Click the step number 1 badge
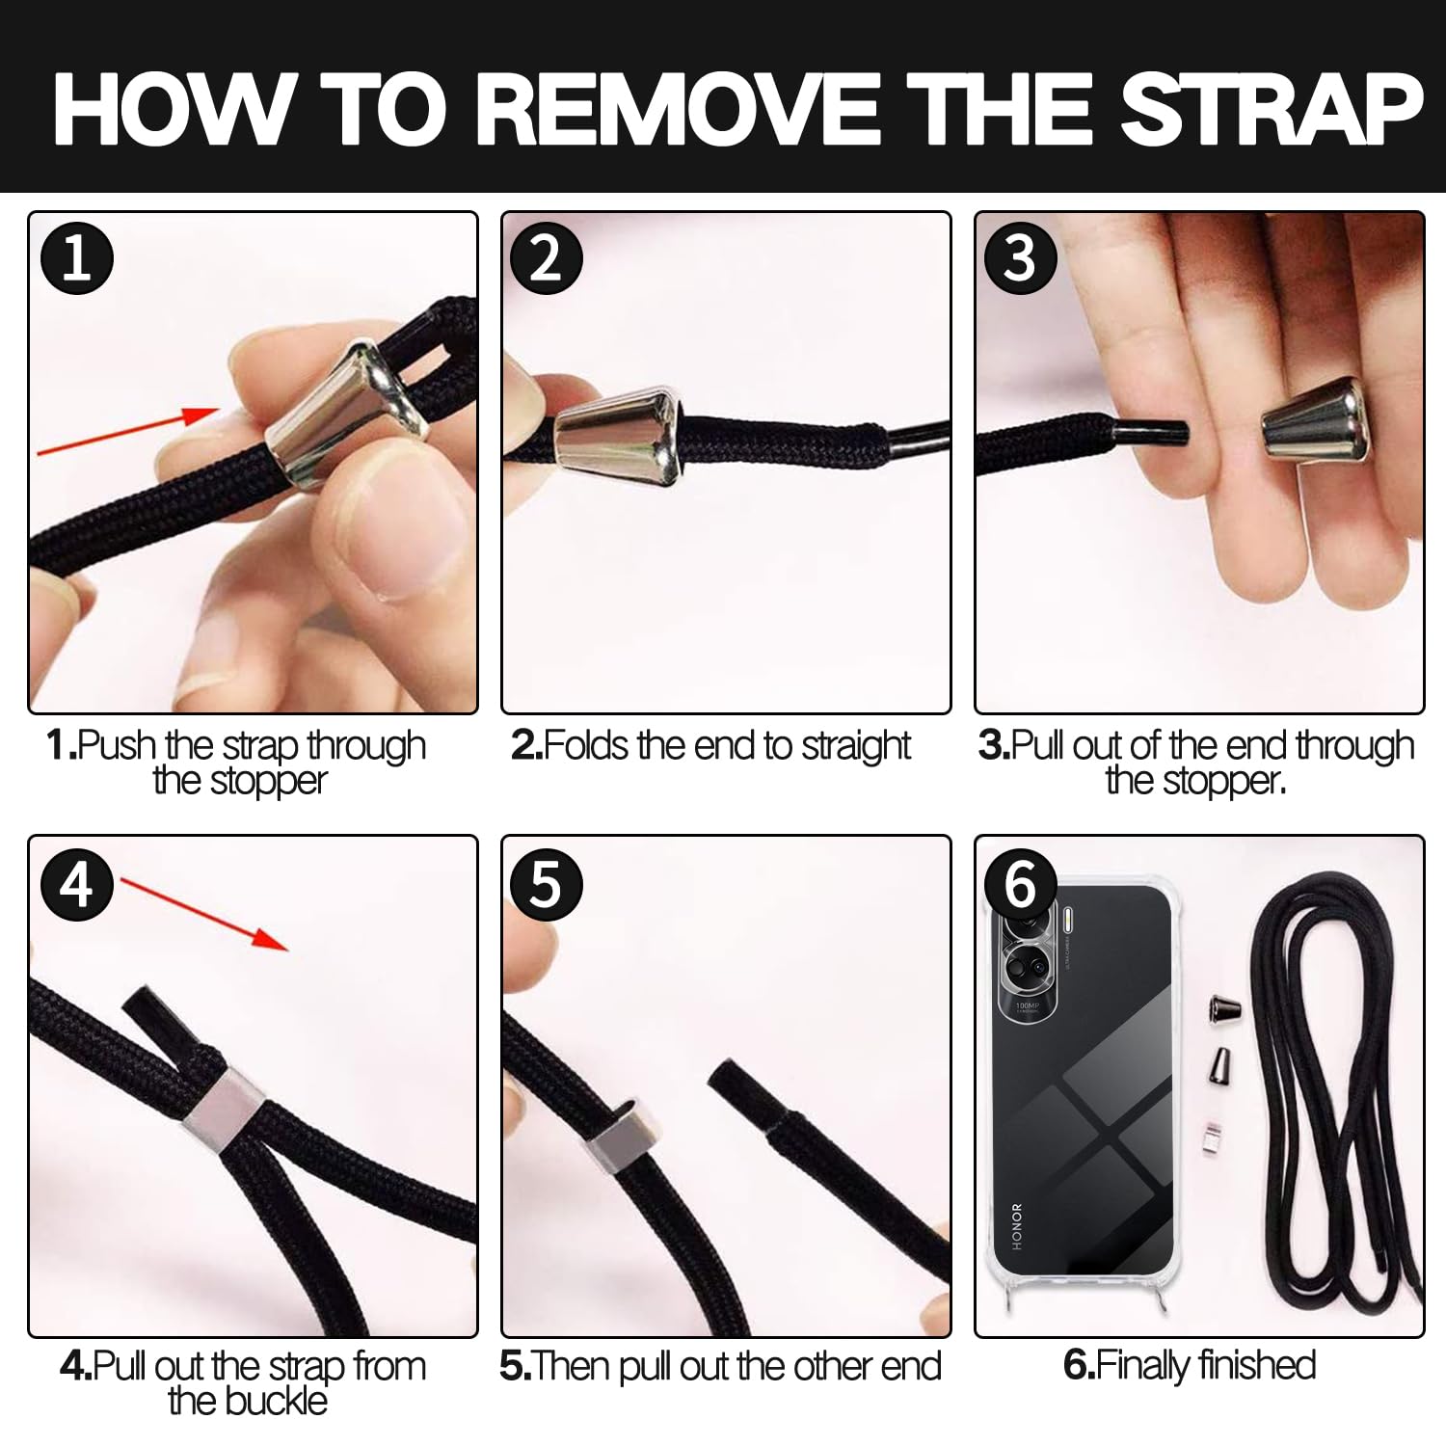(77, 259)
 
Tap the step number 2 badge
(547, 259)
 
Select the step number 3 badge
(1021, 259)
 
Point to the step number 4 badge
(77, 883)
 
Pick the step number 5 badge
(547, 883)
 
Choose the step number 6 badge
(1021, 883)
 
